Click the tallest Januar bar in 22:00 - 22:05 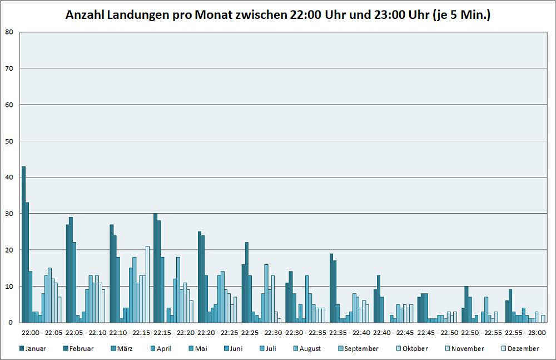[x=23, y=244]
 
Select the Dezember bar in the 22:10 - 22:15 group [x=147, y=284]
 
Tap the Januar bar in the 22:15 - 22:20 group [x=156, y=268]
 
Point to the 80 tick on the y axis [x=9, y=32]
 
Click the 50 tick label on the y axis [x=9, y=141]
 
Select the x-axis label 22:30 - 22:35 [x=305, y=333]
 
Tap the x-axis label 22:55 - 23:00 [x=525, y=333]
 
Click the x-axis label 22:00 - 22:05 [x=42, y=333]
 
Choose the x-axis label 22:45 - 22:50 [x=437, y=333]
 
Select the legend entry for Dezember [x=520, y=349]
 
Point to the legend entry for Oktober [x=413, y=349]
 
